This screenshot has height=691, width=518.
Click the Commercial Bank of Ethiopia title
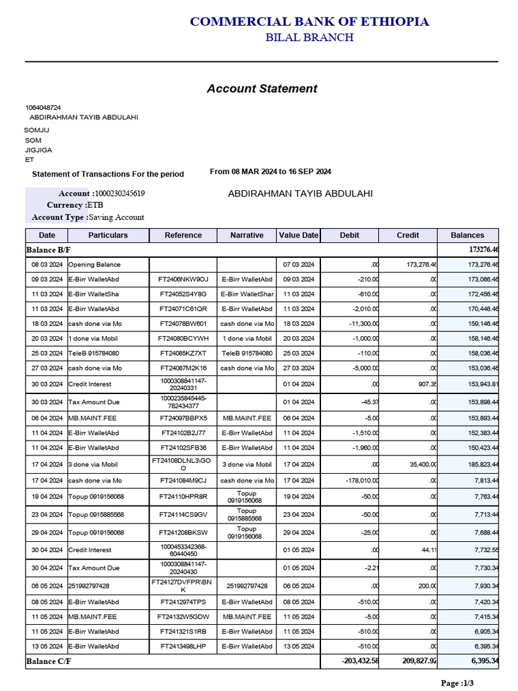pos(309,22)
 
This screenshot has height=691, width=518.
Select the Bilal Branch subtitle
pos(309,38)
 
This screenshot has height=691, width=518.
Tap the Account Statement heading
pos(262,88)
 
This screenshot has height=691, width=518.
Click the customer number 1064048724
pos(43,107)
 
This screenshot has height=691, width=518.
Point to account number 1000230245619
pos(119,194)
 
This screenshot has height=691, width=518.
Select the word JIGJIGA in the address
pos(38,150)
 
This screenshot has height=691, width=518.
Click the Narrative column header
pos(246,236)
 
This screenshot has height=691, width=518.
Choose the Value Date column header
pos(298,236)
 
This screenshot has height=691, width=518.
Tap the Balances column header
pos(467,236)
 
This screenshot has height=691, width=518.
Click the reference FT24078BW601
pos(183,324)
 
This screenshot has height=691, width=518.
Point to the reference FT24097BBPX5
pos(183,418)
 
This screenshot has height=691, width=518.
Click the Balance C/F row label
pos(49,661)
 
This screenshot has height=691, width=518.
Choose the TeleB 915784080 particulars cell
pos(94,354)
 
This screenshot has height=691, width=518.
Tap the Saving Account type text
pos(117,217)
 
